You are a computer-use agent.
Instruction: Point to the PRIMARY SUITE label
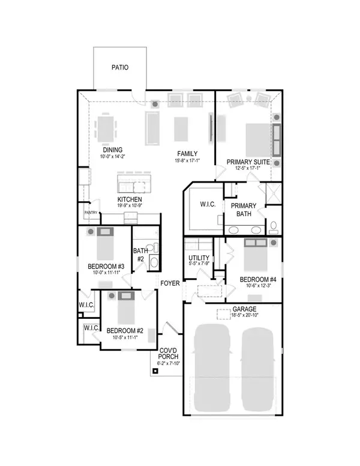tap(247, 161)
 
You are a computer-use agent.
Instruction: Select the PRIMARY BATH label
tap(244, 210)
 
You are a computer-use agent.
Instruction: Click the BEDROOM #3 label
tap(106, 267)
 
